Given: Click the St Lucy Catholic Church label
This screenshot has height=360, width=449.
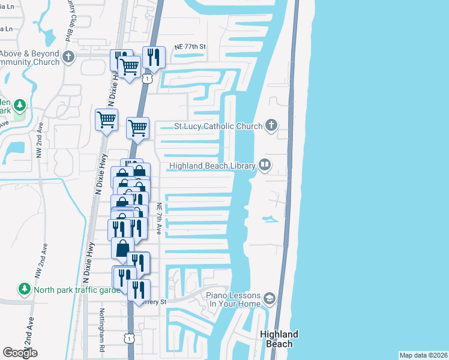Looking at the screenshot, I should pyautogui.click(x=218, y=127).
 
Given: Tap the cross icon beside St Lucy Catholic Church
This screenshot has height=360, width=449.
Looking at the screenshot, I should pyautogui.click(x=271, y=126).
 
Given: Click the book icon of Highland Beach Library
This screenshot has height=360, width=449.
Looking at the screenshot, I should pyautogui.click(x=265, y=165).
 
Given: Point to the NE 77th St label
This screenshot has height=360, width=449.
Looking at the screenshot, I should pyautogui.click(x=190, y=46).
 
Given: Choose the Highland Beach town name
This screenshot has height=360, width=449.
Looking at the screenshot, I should pyautogui.click(x=279, y=339).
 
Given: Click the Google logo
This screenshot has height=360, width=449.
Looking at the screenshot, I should pyautogui.click(x=20, y=353).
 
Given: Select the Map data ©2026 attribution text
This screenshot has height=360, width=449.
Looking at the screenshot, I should pyautogui.click(x=423, y=355).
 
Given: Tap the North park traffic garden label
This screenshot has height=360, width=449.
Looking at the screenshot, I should pyautogui.click(x=74, y=289).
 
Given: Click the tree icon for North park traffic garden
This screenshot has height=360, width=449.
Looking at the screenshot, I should pyautogui.click(x=25, y=289).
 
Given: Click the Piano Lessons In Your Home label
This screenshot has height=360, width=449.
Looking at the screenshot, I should pyautogui.click(x=234, y=299).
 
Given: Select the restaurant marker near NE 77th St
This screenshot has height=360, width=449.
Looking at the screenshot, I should pyautogui.click(x=153, y=58).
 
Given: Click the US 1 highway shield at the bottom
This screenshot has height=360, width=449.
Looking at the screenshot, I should pyautogui.click(x=129, y=339).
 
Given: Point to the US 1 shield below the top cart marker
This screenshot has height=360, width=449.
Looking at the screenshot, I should pyautogui.click(x=146, y=78).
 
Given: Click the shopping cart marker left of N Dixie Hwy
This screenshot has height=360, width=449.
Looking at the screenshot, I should pyautogui.click(x=106, y=119).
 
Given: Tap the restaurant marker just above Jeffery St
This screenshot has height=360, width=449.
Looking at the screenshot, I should pyautogui.click(x=139, y=290).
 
